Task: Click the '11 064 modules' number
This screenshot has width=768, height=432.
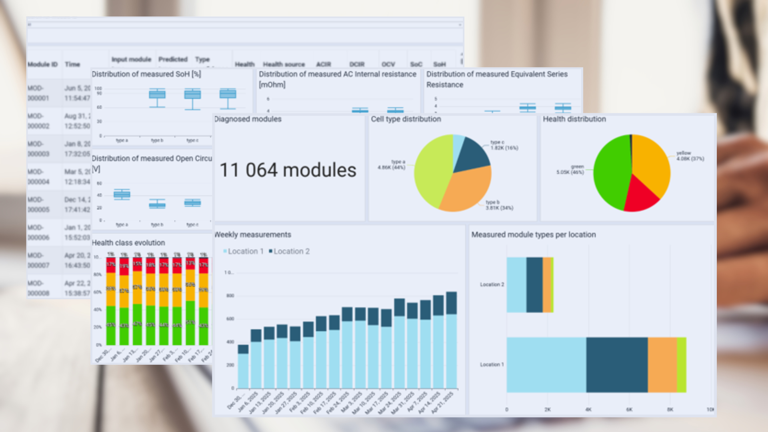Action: (288, 170)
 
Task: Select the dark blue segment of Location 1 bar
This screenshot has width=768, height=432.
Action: (617, 365)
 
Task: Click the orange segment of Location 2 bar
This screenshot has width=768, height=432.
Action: (546, 285)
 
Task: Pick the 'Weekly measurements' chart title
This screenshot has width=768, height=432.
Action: (253, 235)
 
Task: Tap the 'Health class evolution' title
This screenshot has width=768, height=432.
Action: (128, 243)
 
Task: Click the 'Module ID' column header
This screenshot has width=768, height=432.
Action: (42, 64)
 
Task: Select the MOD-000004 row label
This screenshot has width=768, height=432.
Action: (38, 176)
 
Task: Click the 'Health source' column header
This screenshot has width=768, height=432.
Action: (284, 64)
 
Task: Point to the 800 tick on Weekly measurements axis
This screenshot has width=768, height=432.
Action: (230, 296)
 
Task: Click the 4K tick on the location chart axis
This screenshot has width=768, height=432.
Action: (588, 410)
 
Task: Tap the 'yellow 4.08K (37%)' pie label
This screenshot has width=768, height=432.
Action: (690, 156)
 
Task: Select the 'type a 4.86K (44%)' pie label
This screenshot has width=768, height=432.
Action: (392, 165)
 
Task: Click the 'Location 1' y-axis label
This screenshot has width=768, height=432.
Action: (492, 365)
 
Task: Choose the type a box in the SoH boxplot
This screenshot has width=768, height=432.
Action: (157, 95)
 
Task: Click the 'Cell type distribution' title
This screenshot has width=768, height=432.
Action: (406, 119)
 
